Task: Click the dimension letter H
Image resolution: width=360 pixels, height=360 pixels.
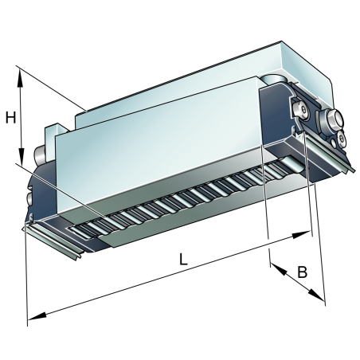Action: pyautogui.click(x=11, y=118)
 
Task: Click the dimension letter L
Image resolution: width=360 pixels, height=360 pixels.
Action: pyautogui.click(x=183, y=259)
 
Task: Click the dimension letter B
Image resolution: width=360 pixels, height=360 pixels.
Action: pyautogui.click(x=302, y=272)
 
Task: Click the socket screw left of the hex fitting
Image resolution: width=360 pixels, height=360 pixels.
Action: pyautogui.click(x=301, y=110)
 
